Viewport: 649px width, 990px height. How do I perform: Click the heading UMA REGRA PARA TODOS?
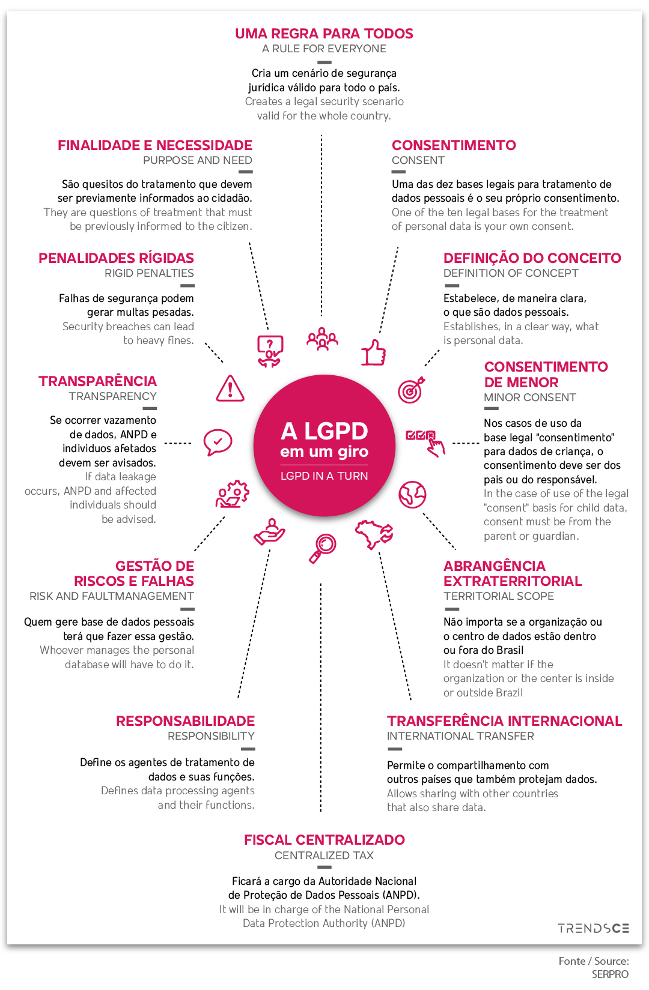click(x=324, y=34)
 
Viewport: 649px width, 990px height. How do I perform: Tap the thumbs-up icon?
click(x=373, y=353)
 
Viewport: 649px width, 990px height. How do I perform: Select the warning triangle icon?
click(x=230, y=388)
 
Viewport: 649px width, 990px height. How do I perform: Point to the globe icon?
click(x=412, y=495)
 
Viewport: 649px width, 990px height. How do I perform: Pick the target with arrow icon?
click(x=411, y=390)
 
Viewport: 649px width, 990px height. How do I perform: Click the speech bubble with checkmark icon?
click(x=218, y=442)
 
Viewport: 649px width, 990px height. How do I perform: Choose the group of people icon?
click(x=322, y=339)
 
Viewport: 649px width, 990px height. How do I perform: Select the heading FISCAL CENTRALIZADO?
click(x=324, y=840)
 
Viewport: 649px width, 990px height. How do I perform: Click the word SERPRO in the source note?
click(x=610, y=974)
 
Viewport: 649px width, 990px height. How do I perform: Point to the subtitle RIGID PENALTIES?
click(x=149, y=273)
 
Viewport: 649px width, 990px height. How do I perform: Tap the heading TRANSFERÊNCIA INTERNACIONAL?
click(x=504, y=721)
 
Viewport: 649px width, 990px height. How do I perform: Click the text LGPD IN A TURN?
click(x=324, y=476)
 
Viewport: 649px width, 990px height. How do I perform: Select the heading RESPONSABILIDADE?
click(x=185, y=721)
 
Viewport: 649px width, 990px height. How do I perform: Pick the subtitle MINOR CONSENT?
click(x=529, y=397)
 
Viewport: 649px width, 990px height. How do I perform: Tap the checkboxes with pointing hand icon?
click(x=425, y=442)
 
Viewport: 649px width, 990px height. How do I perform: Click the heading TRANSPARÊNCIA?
click(x=97, y=381)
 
